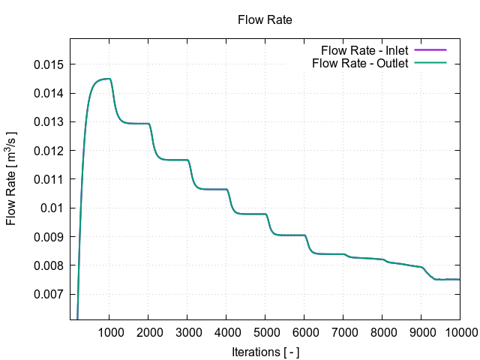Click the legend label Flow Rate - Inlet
tap(364, 50)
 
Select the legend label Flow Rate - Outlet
tap(360, 63)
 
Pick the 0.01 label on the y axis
tap(52, 208)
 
